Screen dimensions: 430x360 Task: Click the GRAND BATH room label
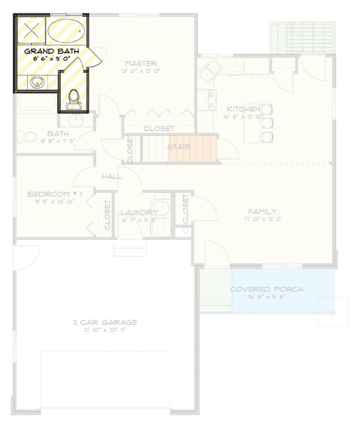52,52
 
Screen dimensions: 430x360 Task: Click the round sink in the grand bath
37,83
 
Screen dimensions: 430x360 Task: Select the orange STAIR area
192,149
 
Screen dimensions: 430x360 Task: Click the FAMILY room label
262,211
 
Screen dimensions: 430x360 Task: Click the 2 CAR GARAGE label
105,322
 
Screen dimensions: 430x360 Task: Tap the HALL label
111,176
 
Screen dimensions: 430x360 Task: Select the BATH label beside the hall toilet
58,133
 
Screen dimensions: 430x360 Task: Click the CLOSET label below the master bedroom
158,128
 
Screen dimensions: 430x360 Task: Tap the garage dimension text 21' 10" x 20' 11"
105,330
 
